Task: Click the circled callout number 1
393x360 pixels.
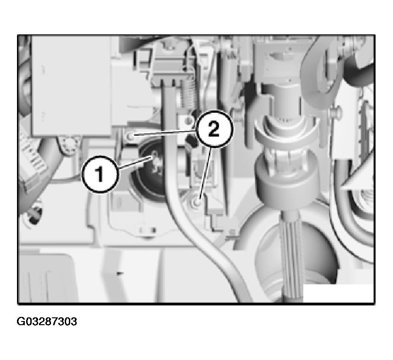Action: click(100, 174)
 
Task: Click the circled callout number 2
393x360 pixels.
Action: click(214, 129)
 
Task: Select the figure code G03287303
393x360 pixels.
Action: click(47, 321)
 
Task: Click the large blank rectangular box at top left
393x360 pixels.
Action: click(72, 86)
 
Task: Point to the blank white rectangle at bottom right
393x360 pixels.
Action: click(338, 293)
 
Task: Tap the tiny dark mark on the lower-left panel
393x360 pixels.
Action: click(120, 273)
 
